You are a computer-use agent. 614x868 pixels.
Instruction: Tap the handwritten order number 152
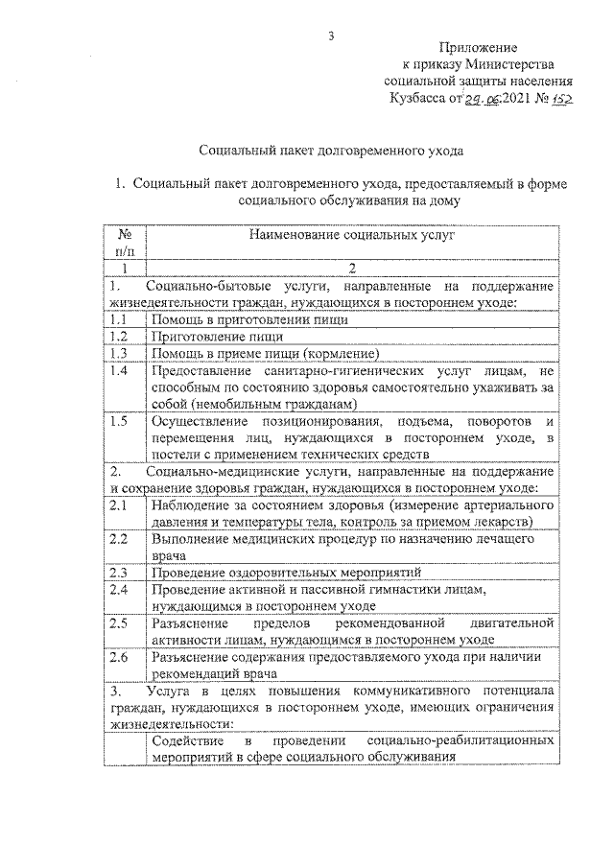click(558, 99)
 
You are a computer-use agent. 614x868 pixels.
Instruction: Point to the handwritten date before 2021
click(484, 100)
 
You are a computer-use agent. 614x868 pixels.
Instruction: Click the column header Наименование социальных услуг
click(351, 233)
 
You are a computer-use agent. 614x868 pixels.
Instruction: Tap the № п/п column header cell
click(125, 242)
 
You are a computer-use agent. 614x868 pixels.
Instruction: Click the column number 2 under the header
click(351, 268)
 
